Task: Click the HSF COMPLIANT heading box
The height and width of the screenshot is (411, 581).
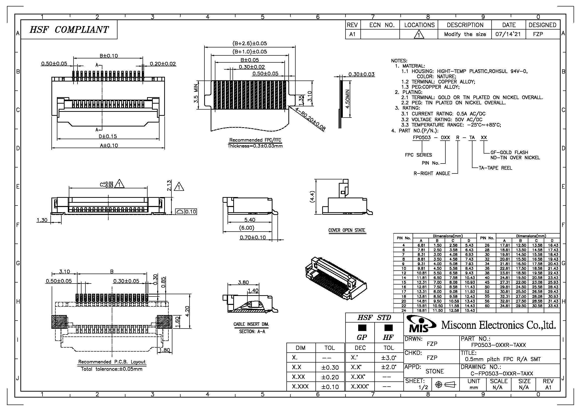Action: click(x=69, y=30)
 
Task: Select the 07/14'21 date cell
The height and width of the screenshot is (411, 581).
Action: click(x=509, y=34)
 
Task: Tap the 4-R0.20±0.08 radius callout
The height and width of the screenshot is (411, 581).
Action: click(x=310, y=119)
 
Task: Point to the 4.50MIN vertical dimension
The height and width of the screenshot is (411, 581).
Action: click(x=348, y=99)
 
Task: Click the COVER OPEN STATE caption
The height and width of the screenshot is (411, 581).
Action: click(x=347, y=230)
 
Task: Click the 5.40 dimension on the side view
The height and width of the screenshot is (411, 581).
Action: click(x=249, y=220)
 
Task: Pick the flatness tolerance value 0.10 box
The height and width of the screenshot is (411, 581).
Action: click(x=191, y=211)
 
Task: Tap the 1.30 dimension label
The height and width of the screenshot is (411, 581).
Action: click(x=42, y=220)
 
